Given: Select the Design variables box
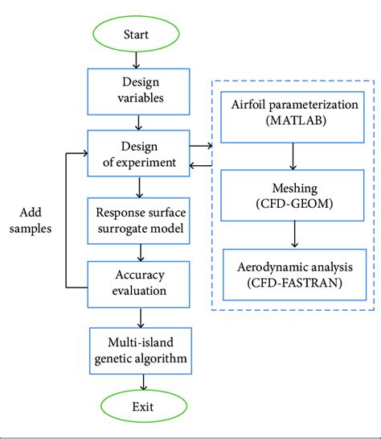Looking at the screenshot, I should tap(139, 90).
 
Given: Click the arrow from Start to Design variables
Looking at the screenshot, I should tap(139, 59).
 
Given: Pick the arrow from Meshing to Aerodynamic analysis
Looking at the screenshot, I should tap(296, 233).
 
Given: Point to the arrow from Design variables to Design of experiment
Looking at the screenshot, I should tap(139, 121).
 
